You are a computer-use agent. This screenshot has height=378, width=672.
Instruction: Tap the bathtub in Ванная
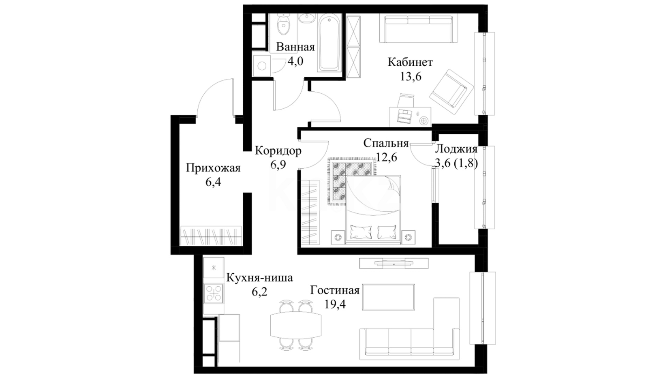point(329,43)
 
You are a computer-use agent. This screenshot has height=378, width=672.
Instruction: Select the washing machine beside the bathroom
point(261,66)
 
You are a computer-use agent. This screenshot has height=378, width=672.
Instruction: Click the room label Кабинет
point(410,62)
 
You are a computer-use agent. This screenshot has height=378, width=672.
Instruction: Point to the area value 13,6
point(411,76)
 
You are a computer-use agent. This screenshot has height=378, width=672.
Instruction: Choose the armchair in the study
point(451,93)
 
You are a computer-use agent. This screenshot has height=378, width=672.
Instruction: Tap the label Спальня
point(386,143)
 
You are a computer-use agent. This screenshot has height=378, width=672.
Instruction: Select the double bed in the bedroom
point(373,209)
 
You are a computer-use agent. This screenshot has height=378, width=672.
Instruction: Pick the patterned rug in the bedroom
point(351,181)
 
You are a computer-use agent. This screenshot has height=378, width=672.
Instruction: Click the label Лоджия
point(456,149)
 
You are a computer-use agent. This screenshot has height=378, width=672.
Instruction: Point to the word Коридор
point(278,151)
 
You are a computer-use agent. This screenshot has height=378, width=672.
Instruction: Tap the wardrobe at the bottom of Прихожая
point(211,236)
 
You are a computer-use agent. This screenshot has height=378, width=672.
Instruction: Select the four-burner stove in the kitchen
point(213,293)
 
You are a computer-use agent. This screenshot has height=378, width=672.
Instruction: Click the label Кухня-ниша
point(259,278)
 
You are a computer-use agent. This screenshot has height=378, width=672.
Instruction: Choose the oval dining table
point(296,324)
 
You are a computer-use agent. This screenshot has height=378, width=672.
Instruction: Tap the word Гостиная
point(335,290)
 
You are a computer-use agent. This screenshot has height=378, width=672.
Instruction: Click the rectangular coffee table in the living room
point(388,297)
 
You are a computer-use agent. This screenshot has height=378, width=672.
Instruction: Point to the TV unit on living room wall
point(394,263)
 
